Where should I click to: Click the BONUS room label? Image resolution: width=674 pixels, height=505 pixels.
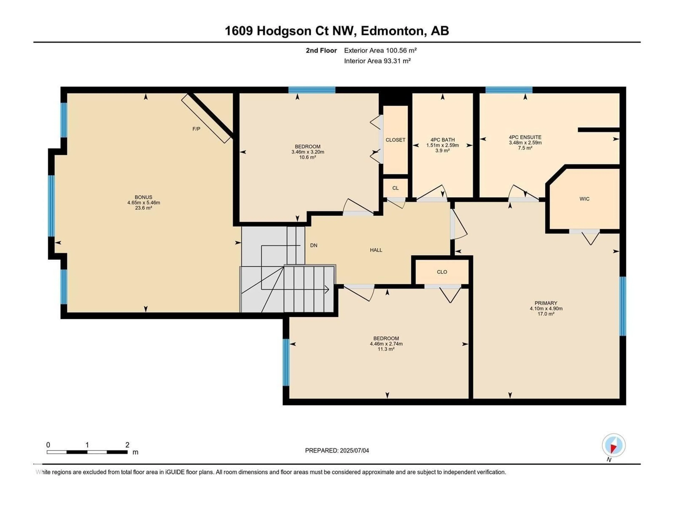[144, 197]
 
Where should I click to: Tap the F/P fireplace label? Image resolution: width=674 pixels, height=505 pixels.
[196, 129]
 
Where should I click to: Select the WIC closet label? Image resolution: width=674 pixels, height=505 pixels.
[584, 199]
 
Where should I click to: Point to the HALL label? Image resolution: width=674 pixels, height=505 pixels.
[376, 250]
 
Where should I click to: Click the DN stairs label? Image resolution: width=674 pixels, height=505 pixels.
[313, 245]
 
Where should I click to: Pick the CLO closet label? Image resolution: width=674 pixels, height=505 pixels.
[442, 272]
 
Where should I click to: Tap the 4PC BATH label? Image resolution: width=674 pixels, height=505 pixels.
[442, 140]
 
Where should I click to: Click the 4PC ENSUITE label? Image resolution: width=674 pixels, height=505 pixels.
[525, 137]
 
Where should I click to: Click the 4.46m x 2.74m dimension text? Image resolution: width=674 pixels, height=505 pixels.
[386, 344]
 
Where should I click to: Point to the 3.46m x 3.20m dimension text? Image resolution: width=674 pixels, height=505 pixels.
[308, 152]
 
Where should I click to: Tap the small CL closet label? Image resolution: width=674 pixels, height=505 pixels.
[395, 188]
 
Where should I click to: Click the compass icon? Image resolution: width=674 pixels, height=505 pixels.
[614, 445]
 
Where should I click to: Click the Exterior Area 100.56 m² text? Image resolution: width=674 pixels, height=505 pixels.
[380, 50]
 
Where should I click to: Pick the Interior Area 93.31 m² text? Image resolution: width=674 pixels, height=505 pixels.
[377, 61]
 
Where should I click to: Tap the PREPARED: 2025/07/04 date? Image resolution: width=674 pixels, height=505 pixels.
[337, 450]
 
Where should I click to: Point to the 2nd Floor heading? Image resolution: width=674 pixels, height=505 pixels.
[321, 50]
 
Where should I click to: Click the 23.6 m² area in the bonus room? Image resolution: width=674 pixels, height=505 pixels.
[144, 208]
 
